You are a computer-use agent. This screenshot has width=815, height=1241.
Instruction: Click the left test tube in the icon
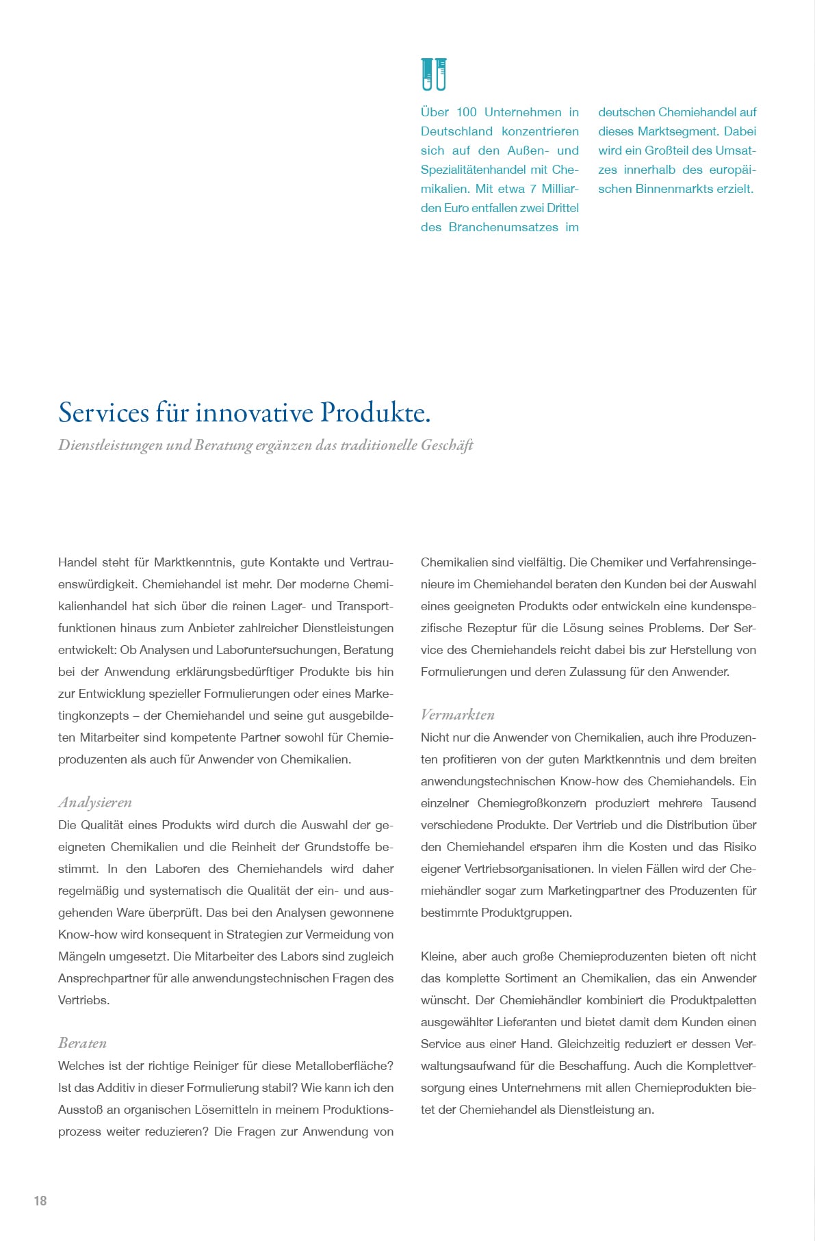[428, 74]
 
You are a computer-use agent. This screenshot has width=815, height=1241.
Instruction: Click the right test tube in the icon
[441, 74]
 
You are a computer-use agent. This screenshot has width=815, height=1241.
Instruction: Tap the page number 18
[40, 1201]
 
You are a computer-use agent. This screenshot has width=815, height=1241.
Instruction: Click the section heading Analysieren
[95, 802]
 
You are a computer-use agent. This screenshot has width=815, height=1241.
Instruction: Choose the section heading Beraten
[82, 1043]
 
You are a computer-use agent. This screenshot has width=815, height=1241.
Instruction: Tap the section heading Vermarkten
[457, 714]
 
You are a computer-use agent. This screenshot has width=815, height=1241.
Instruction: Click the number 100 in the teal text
[467, 112]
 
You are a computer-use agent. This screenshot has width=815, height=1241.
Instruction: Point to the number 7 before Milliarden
[533, 189]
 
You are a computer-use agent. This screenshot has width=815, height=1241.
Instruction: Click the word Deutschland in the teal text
[456, 131]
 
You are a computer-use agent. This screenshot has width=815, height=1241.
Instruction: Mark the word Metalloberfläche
[344, 1066]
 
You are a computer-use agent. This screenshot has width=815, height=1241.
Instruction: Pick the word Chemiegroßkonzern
[532, 803]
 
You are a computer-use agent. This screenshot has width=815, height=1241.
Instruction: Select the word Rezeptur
[491, 628]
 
